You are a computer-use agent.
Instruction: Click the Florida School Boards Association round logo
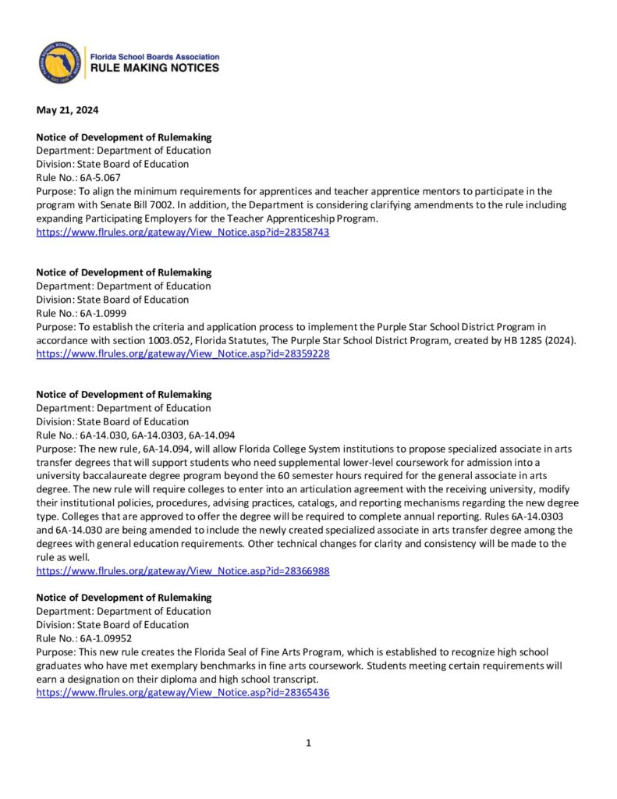(x=60, y=63)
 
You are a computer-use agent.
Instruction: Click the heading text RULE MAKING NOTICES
(x=155, y=69)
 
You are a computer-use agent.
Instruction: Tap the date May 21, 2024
(x=68, y=110)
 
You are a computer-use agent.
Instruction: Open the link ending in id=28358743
(x=183, y=233)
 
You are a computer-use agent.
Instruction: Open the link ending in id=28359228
(x=183, y=353)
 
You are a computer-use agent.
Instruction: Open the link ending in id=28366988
(x=183, y=570)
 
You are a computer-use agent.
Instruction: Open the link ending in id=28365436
(x=183, y=692)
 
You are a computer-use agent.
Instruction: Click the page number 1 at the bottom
(x=309, y=743)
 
